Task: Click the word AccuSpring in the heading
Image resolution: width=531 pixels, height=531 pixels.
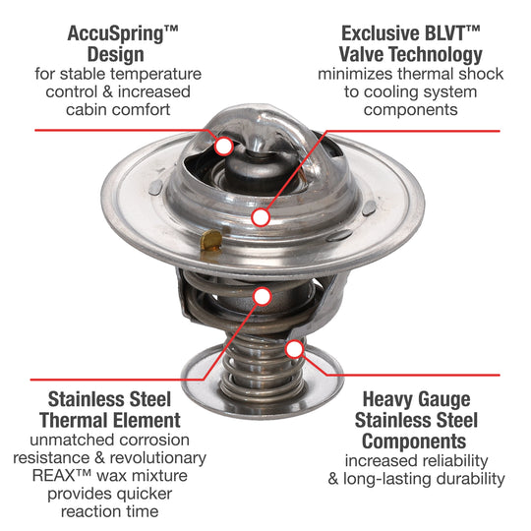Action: (x=115, y=34)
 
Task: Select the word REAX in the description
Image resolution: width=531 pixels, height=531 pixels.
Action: (x=53, y=476)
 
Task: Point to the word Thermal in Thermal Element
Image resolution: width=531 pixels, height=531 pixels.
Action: (x=71, y=420)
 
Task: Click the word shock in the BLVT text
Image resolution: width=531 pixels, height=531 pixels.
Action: (x=481, y=74)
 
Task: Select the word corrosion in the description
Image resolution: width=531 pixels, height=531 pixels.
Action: (x=154, y=440)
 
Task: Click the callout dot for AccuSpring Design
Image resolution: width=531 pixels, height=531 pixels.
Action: (x=223, y=147)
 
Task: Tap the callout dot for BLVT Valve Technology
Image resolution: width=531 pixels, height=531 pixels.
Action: (x=261, y=217)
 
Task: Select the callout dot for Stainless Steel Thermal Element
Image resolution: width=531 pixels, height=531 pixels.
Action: (x=263, y=297)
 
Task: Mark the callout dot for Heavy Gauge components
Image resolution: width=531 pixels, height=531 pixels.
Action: (x=295, y=349)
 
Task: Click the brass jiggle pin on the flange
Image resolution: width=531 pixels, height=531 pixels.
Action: (x=210, y=241)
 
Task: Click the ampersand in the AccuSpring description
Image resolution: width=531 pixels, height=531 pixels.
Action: (x=108, y=91)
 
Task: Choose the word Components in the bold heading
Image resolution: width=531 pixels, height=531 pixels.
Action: (x=414, y=442)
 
